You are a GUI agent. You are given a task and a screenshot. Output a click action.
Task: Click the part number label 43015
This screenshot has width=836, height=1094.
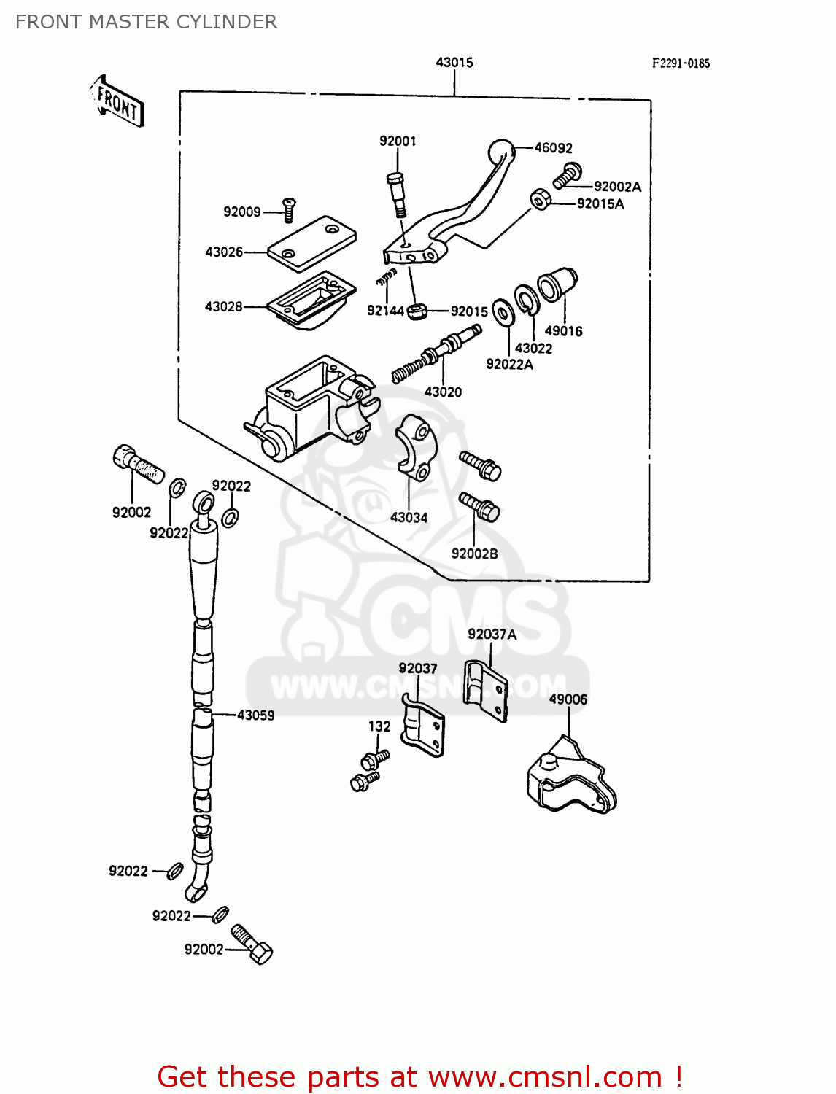454,63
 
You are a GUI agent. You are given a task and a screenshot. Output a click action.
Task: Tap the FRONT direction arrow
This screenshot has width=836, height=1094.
117,102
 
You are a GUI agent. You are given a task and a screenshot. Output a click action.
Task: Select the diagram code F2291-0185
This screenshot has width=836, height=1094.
680,63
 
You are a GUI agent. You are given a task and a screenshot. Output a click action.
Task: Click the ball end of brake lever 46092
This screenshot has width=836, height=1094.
500,152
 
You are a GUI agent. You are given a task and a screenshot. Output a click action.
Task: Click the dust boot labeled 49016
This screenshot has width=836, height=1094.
557,284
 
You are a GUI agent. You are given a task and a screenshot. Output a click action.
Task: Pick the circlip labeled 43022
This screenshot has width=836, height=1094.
526,300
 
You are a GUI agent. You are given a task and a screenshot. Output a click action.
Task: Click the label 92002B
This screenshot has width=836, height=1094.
474,554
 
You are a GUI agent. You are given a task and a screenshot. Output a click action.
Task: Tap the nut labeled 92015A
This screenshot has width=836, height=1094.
540,199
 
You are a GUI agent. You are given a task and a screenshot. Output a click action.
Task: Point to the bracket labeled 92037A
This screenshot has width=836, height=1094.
486,690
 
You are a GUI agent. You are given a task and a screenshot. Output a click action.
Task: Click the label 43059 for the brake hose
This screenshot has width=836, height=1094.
255,715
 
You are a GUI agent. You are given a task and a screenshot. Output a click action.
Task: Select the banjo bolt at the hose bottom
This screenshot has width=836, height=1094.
252,944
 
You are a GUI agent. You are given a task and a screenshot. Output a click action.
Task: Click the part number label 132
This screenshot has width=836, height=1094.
379,726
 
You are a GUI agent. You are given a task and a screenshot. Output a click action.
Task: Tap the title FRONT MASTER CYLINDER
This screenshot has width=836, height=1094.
146,22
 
